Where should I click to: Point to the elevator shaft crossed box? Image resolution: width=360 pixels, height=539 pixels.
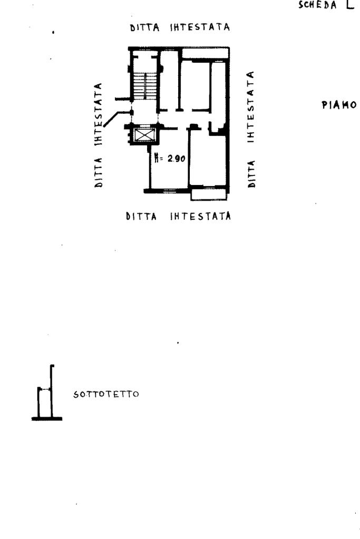tap(143, 135)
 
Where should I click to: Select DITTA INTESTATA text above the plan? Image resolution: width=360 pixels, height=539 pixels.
tap(180, 27)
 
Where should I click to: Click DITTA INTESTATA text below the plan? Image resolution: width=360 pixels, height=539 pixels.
tap(178, 216)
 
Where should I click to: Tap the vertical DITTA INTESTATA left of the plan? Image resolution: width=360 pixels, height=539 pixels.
tap(99, 135)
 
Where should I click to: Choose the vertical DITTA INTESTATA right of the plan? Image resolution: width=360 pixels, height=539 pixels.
tap(252, 129)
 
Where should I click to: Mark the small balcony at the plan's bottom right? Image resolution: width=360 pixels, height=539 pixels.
tap(209, 194)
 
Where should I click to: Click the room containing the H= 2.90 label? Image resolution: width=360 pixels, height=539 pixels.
tap(169, 169)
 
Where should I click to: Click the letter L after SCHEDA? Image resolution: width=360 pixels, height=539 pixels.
tap(350, 6)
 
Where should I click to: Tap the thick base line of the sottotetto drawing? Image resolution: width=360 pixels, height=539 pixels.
tap(46, 419)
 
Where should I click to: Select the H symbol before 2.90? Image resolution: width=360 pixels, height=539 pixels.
tap(158, 157)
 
